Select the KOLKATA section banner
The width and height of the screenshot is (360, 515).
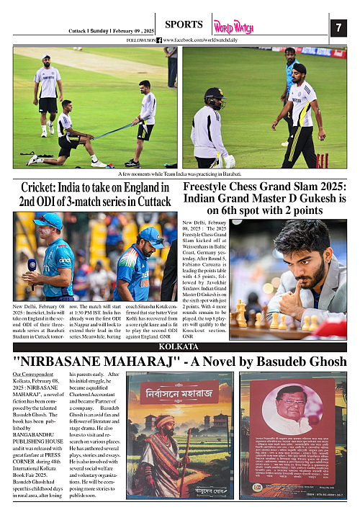tap(179, 346)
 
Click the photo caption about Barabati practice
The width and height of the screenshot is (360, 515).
tap(179, 174)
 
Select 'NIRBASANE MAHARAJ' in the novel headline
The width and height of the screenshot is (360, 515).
tap(94, 359)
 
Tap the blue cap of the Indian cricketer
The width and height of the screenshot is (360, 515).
tap(150, 233)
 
